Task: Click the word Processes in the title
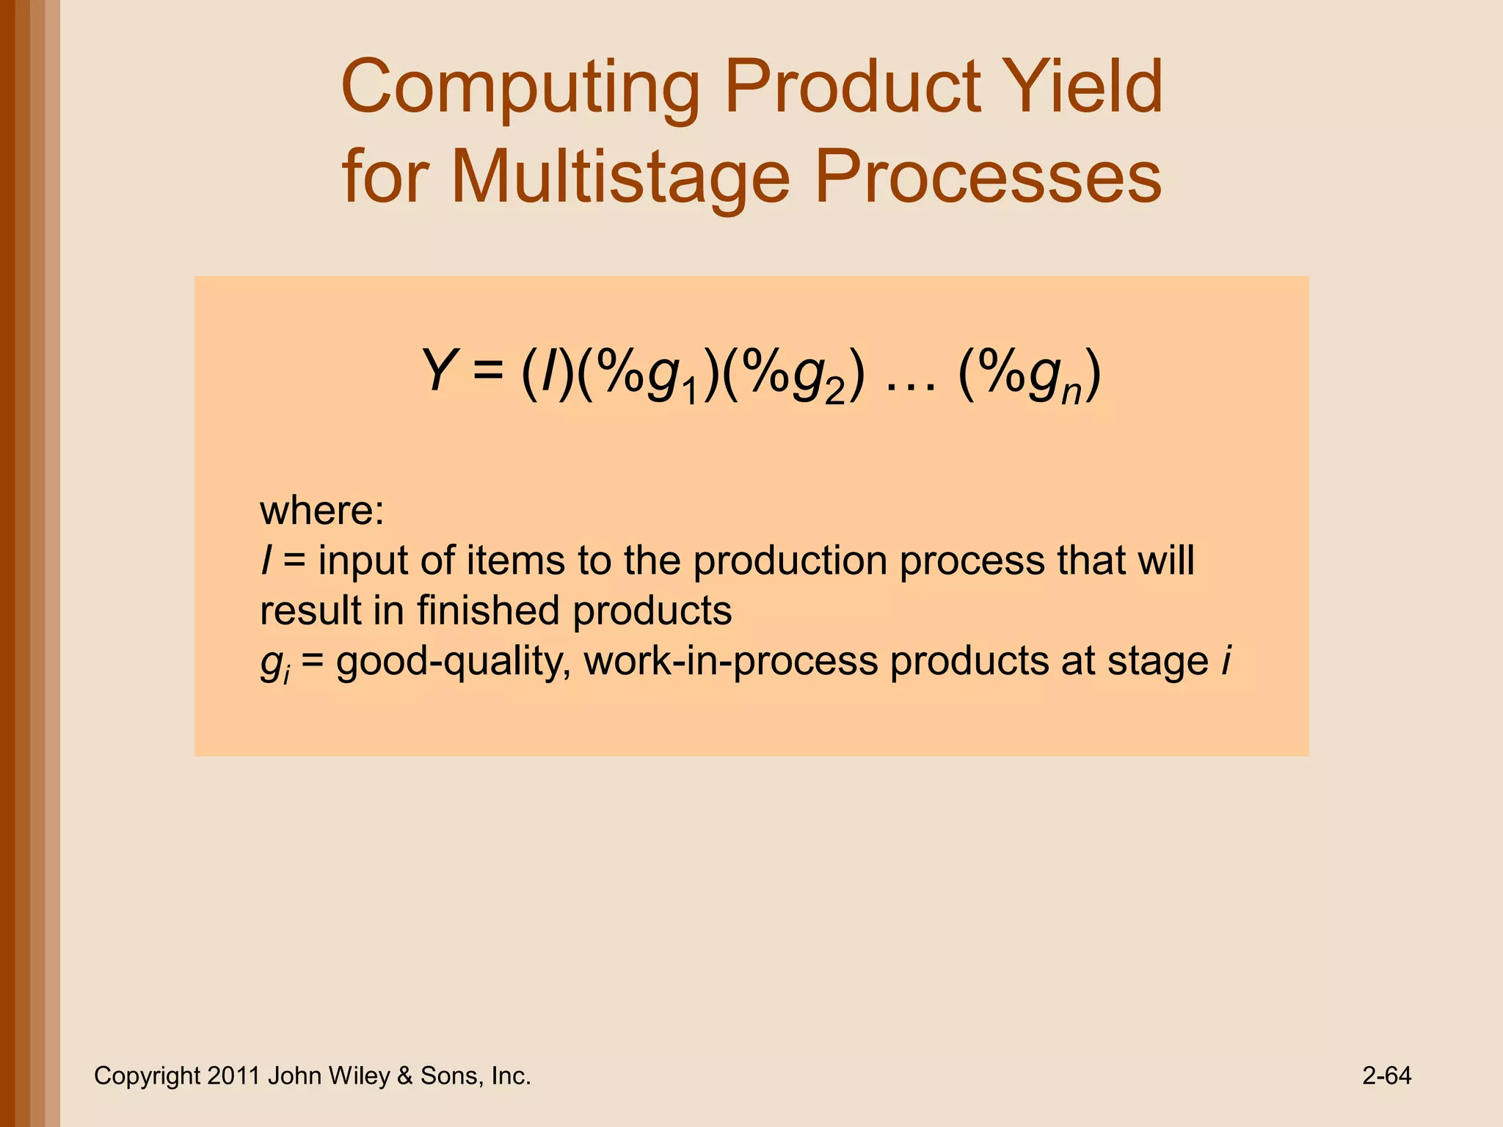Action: pyautogui.click(x=988, y=178)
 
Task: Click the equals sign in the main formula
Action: pyautogui.click(x=488, y=371)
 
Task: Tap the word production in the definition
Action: pyautogui.click(x=790, y=561)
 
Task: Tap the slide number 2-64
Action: pyautogui.click(x=1386, y=1076)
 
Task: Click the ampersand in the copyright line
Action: pyautogui.click(x=404, y=1076)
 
